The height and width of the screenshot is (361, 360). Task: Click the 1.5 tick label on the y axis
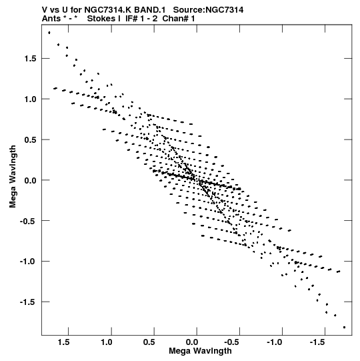tap(30, 59)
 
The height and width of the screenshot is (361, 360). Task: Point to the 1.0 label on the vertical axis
tap(30, 99)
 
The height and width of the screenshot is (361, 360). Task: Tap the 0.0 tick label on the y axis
tap(30, 180)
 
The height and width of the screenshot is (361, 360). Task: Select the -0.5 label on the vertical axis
tap(28, 221)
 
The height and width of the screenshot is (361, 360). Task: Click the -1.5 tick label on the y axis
tap(28, 302)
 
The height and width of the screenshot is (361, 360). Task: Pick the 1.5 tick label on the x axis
tap(63, 342)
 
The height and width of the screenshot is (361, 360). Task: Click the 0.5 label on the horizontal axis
tap(149, 342)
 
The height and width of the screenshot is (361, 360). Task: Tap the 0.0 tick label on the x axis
tap(191, 342)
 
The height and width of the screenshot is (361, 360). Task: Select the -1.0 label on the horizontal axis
tap(275, 342)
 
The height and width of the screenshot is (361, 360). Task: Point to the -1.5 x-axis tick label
tap(317, 342)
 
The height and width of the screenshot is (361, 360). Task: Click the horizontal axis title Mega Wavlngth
tap(200, 351)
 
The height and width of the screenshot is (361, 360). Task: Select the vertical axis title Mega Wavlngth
tap(13, 177)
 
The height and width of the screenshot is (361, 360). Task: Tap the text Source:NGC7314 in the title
tap(208, 10)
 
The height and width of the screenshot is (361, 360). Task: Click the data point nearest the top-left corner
tap(49, 33)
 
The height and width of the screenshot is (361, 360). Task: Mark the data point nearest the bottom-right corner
tap(345, 327)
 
